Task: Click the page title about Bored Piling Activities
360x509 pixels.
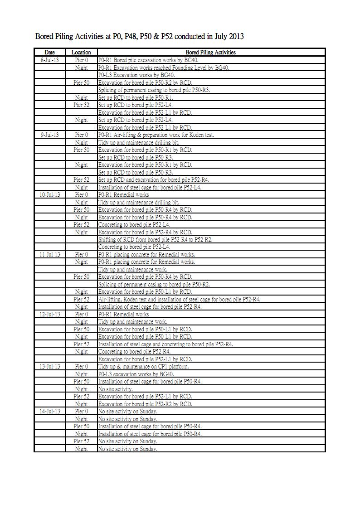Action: (139, 36)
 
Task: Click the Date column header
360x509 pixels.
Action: (49, 53)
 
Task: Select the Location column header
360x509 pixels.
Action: (81, 53)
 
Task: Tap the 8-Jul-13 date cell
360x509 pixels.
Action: (49, 60)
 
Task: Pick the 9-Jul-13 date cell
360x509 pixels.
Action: (49, 135)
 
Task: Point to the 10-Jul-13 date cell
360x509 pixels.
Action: (49, 194)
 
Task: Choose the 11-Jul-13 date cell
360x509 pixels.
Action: (49, 254)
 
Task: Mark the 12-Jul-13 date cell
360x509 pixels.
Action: (49, 314)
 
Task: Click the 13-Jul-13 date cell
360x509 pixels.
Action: (49, 366)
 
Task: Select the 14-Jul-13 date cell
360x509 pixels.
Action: (49, 411)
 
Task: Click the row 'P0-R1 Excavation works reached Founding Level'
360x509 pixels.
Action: (164, 68)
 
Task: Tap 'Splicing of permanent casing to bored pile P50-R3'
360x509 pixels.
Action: (154, 90)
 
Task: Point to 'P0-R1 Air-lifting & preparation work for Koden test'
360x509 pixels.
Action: (156, 135)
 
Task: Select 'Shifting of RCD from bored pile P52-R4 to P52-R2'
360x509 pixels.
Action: (156, 239)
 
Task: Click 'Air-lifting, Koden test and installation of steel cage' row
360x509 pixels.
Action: (180, 299)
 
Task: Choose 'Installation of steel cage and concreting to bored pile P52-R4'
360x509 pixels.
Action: (165, 344)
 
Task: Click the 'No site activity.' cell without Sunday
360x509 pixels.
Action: (116, 389)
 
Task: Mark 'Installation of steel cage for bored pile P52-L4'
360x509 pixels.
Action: (150, 187)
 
